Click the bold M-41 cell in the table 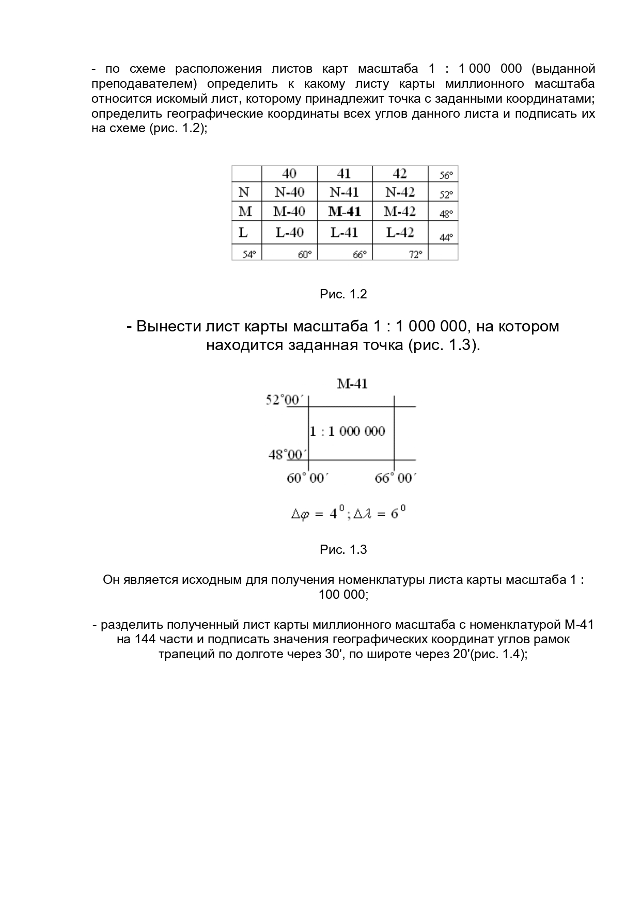345,212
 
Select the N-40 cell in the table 289,193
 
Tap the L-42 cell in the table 400,233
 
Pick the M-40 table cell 289,212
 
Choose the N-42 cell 400,193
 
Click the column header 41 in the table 344,173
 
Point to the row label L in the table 243,233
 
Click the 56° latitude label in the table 446,176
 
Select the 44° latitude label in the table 446,237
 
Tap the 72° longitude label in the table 416,254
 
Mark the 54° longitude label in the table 249,254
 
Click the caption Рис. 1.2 343,294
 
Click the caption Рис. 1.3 343,550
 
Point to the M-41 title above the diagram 352,384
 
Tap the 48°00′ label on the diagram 287,454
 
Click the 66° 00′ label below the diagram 395,479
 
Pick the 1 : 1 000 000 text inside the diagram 348,431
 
